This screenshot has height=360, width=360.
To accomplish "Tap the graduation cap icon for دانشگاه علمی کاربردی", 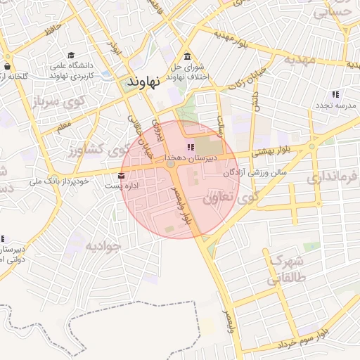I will [x=71, y=56].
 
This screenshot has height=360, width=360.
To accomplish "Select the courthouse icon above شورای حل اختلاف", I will [x=187, y=57].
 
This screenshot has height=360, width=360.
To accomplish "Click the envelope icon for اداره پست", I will [x=122, y=176].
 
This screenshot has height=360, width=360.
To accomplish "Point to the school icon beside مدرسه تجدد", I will [x=335, y=94].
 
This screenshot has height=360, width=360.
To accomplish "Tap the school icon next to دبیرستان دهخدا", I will [x=190, y=147].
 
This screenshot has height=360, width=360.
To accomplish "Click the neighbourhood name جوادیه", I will [x=104, y=246].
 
